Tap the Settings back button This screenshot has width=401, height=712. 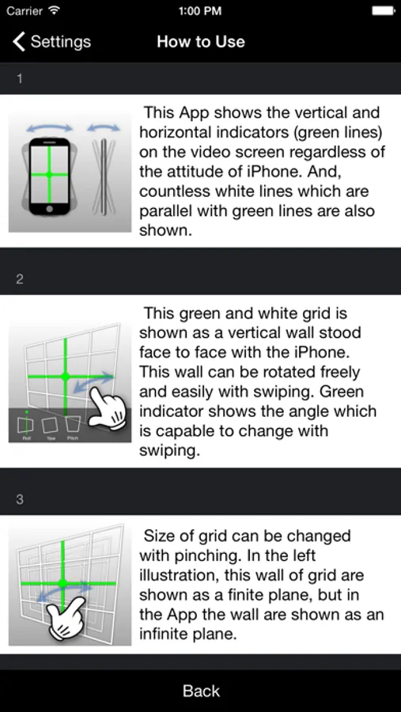51,42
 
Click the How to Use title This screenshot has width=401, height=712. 201,42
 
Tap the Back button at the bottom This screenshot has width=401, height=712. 201,691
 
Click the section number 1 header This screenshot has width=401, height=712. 19,79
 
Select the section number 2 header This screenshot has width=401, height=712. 20,279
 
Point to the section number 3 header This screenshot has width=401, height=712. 20,499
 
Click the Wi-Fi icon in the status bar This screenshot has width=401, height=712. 55,11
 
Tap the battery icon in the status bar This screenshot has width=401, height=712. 383,11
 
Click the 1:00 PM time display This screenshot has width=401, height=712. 200,11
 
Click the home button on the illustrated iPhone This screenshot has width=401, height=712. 50,208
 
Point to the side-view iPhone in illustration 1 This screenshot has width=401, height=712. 104,176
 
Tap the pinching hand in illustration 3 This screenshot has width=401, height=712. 66,619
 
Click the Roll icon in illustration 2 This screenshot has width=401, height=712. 27,424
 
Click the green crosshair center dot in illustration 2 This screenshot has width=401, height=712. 65,376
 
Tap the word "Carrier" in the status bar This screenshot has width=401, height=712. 25,11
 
